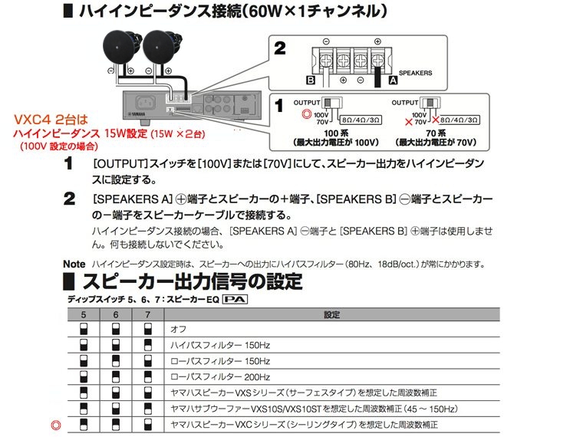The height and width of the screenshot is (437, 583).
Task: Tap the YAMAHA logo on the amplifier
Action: (x=137, y=113)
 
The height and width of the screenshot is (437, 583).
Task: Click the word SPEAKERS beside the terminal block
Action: (x=415, y=73)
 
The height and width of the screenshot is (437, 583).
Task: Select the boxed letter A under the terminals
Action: (x=393, y=80)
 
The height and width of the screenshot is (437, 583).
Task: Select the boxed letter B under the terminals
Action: (x=311, y=80)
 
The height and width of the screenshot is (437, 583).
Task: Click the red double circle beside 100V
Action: (x=306, y=114)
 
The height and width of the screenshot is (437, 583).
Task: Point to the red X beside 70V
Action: (x=409, y=122)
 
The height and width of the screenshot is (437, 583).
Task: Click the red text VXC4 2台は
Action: (x=51, y=120)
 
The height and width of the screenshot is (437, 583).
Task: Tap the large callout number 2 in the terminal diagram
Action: (x=279, y=48)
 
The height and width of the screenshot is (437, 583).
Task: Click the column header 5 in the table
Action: (x=84, y=315)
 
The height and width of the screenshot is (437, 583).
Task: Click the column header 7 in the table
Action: (x=148, y=315)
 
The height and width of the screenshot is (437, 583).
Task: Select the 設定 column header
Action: (x=331, y=315)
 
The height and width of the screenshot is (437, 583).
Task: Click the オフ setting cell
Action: (x=178, y=329)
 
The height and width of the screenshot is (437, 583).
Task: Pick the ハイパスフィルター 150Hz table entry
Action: (x=220, y=345)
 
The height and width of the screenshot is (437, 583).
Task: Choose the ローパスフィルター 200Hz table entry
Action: (x=220, y=376)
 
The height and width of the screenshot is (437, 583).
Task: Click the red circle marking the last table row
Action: (x=56, y=425)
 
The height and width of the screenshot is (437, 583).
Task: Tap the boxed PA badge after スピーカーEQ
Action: (x=235, y=300)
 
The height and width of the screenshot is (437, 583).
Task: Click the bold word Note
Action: (x=74, y=264)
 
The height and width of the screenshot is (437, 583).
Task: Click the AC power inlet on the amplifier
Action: (x=145, y=102)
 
